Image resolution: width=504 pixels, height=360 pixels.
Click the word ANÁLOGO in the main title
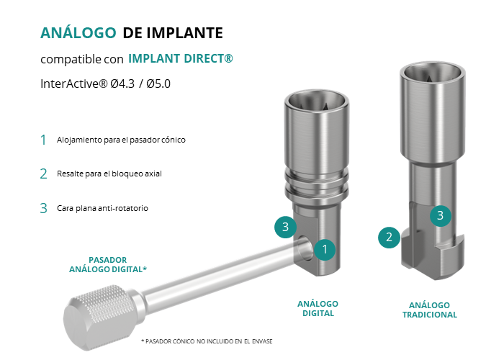78,32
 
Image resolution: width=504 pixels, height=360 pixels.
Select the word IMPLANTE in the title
185,33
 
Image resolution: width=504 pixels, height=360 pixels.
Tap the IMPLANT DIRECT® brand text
181,58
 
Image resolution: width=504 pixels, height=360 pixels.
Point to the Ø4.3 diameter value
122,84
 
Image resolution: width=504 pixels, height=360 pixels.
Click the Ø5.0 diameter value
158,84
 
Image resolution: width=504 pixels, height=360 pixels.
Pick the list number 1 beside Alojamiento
43,140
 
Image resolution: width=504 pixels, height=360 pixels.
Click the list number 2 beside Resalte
44,174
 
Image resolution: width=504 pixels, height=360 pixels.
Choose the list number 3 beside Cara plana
44,208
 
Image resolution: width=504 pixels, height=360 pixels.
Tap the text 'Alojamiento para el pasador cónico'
121,140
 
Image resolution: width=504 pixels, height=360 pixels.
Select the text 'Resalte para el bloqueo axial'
109,174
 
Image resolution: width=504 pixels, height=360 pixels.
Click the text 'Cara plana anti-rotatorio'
102,208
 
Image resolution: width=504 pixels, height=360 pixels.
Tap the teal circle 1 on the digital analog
325,249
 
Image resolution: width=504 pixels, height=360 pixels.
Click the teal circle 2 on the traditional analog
389,237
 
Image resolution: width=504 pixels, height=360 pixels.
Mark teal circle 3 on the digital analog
285,227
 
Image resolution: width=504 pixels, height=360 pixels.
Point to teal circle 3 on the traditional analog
441,215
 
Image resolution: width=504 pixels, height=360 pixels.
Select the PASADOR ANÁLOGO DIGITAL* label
108,264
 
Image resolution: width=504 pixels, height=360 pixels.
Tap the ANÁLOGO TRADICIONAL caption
430,310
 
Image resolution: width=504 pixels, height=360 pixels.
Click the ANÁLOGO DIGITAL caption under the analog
318,309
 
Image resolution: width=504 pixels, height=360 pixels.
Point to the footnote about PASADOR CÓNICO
207,341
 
